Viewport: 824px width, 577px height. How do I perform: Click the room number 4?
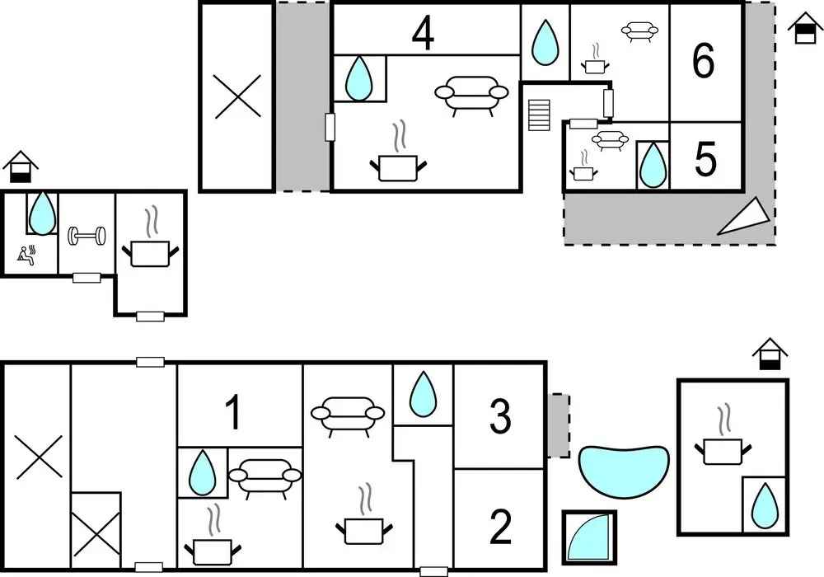(x=423, y=35)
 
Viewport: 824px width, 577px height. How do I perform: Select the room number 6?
(x=704, y=61)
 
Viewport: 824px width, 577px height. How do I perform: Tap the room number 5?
(x=705, y=158)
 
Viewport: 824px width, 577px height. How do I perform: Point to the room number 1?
(x=233, y=412)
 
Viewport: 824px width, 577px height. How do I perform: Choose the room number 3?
(x=500, y=417)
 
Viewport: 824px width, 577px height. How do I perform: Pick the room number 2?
(x=500, y=527)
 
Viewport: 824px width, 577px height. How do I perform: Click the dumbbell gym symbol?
(x=87, y=236)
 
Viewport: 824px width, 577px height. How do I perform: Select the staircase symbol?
(x=539, y=115)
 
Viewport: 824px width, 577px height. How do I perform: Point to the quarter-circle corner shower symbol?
(x=588, y=537)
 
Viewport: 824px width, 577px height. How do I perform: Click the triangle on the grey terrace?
(x=744, y=218)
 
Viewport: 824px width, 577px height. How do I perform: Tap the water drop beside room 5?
(x=653, y=165)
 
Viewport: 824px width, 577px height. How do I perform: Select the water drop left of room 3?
(x=423, y=394)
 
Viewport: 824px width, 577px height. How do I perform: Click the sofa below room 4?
(x=471, y=95)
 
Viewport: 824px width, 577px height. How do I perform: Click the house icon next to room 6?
(x=804, y=28)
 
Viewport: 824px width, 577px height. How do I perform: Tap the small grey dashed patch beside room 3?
(x=559, y=425)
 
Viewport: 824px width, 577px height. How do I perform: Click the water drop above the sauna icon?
(x=42, y=213)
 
